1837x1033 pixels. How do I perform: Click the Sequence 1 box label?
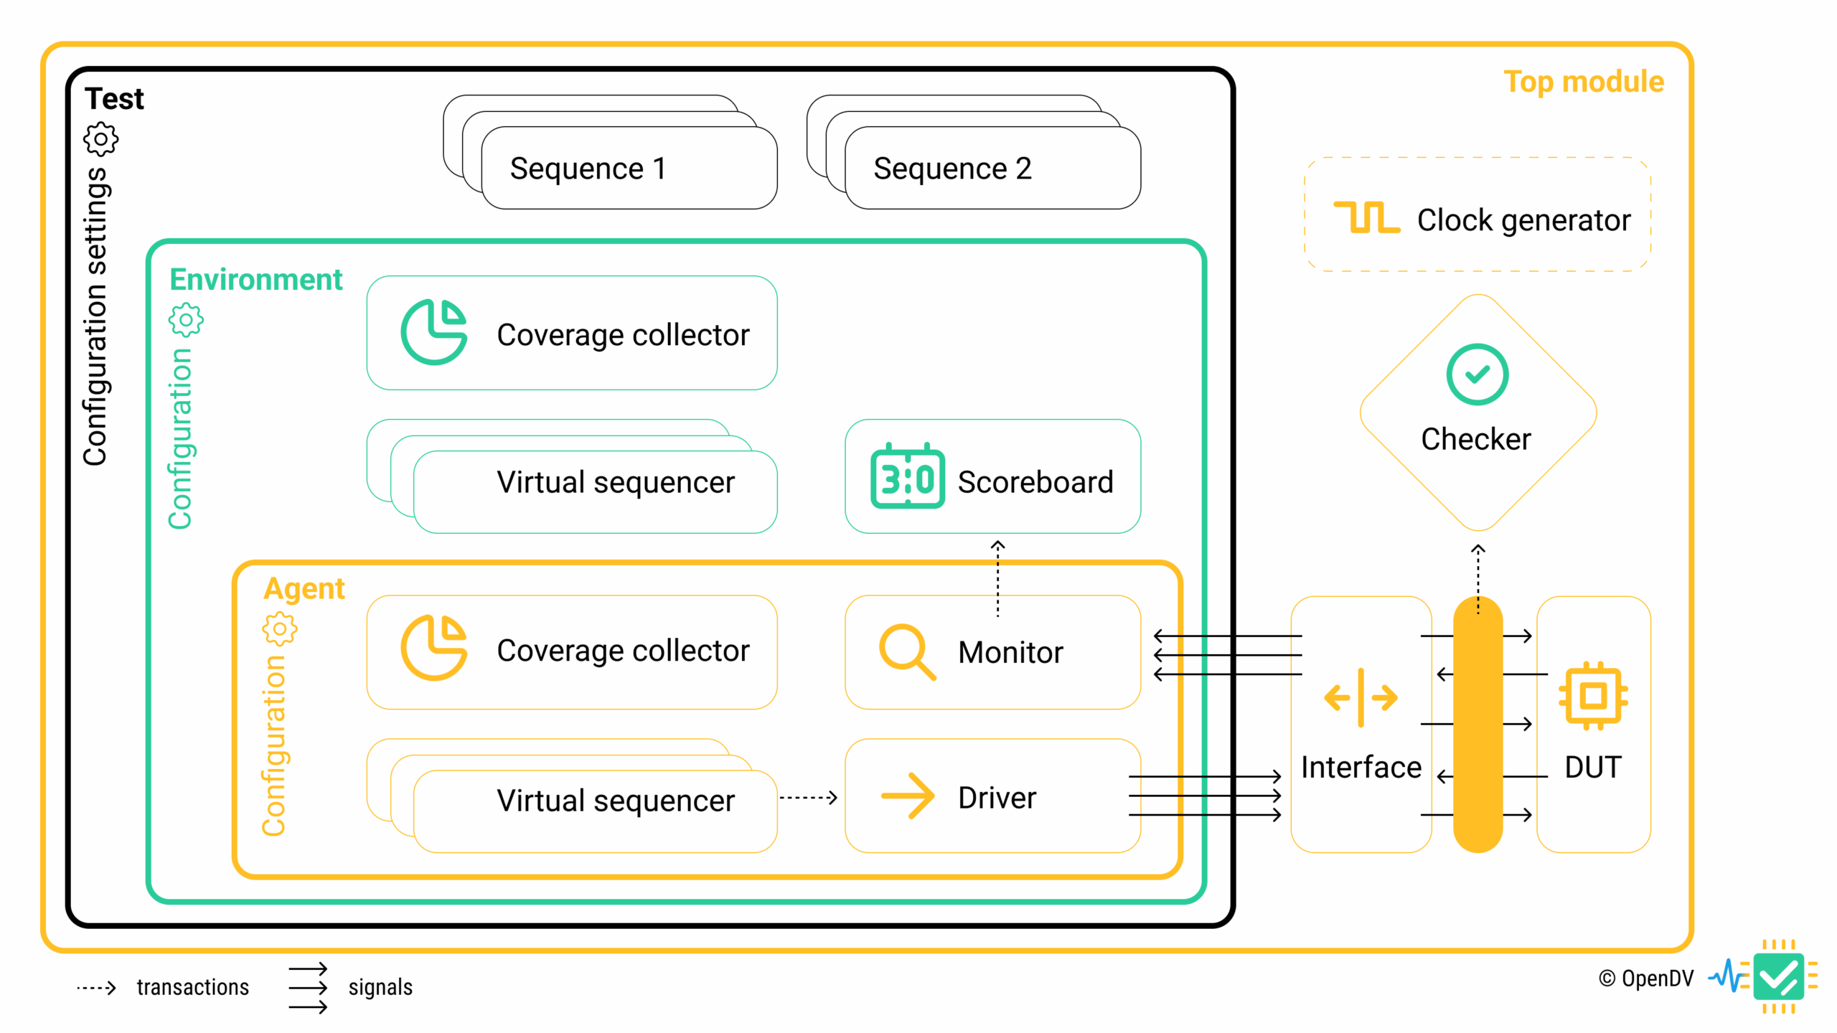(588, 169)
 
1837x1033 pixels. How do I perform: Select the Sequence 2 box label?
(952, 169)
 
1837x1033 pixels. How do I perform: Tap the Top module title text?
(1583, 82)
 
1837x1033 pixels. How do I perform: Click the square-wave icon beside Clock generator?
(1366, 217)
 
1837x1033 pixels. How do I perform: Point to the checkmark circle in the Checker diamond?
(1477, 374)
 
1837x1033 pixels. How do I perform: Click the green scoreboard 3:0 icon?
(907, 476)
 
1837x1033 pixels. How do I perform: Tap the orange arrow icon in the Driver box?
(907, 796)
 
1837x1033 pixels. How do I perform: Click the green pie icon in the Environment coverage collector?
(433, 332)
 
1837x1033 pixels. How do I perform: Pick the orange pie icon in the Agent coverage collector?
(433, 647)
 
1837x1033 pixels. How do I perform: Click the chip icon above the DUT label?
(1593, 696)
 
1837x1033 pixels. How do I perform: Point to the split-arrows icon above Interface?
(1361, 697)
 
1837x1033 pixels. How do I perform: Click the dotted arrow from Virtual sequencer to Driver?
(809, 797)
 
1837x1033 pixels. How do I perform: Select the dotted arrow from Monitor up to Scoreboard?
(997, 578)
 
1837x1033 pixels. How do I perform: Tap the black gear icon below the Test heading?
(101, 139)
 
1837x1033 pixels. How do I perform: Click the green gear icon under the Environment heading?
(186, 320)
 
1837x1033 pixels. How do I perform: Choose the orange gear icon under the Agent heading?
(279, 629)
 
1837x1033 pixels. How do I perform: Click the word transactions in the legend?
(192, 987)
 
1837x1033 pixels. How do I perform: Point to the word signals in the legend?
(380, 987)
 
